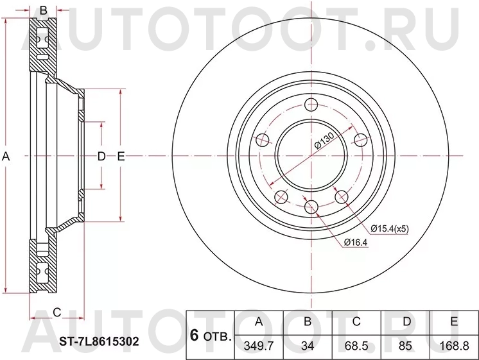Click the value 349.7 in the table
pyautogui.click(x=259, y=345)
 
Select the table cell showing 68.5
pyautogui.click(x=356, y=345)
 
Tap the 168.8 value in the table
pyautogui.click(x=454, y=345)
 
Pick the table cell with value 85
pyautogui.click(x=405, y=345)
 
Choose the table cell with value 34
pyautogui.click(x=308, y=345)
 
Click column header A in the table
pyautogui.click(x=259, y=322)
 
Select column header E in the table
pyautogui.click(x=454, y=322)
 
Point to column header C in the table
pyautogui.click(x=356, y=322)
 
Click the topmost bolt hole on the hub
pyautogui.click(x=311, y=105)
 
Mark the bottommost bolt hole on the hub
pyautogui.click(x=311, y=206)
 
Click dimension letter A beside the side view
pyautogui.click(x=6, y=156)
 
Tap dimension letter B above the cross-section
pyautogui.click(x=44, y=10)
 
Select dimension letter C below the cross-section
pyautogui.click(x=57, y=313)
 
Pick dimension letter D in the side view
pyautogui.click(x=101, y=156)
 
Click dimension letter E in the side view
pyautogui.click(x=120, y=156)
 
